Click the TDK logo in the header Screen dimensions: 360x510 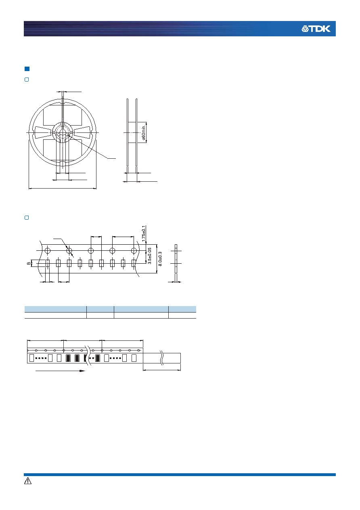click(x=316, y=29)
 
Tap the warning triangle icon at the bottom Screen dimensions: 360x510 click(x=28, y=481)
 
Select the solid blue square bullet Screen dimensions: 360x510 click(x=27, y=69)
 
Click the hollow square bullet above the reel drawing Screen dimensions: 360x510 click(x=27, y=80)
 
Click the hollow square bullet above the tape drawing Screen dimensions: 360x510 click(x=27, y=218)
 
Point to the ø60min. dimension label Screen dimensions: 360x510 click(x=143, y=132)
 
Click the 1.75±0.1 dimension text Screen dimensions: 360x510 click(x=143, y=233)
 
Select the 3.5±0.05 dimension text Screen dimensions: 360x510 click(x=149, y=256)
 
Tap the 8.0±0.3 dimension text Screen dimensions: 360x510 click(x=160, y=259)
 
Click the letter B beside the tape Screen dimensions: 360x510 click(x=29, y=263)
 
